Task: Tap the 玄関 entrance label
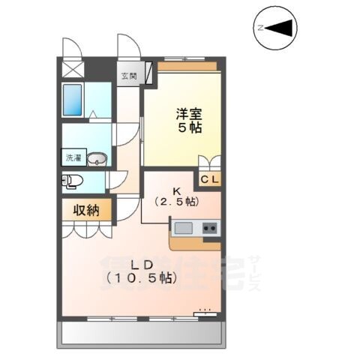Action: click(130, 76)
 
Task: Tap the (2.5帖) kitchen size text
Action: click(177, 202)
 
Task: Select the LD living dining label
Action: click(141, 265)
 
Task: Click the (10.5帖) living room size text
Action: click(141, 279)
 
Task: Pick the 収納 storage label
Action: click(87, 211)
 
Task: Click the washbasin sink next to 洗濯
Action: click(97, 158)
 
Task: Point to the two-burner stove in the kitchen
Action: click(209, 228)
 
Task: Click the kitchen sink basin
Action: click(184, 228)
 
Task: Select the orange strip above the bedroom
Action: click(187, 67)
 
